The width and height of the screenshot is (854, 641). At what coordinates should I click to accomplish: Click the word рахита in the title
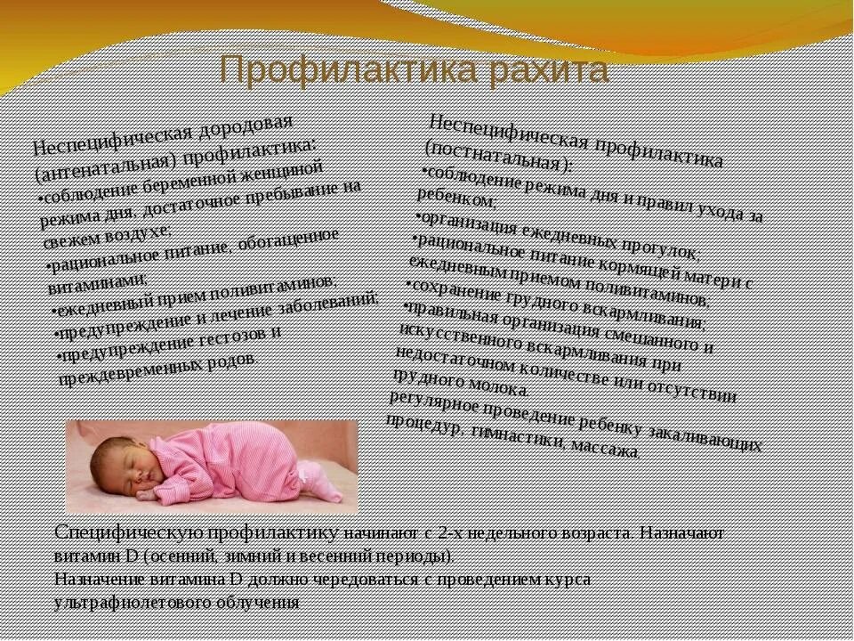[x=544, y=69]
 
